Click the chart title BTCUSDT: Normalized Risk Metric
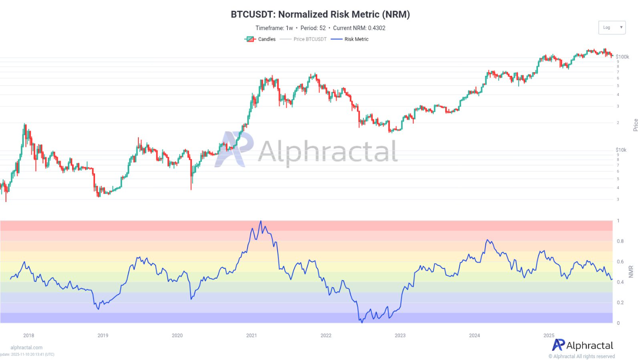pos(320,15)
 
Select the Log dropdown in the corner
pos(612,27)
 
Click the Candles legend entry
pos(261,39)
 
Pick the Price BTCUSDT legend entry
pos(304,39)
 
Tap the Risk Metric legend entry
pos(351,39)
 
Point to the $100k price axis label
pos(622,57)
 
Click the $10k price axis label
pos(621,150)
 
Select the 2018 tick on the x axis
pos(28,335)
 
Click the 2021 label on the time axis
pos(251,335)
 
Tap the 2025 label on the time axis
pos(548,335)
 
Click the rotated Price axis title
pos(635,125)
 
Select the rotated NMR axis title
pos(631,272)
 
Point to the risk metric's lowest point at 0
pos(362,323)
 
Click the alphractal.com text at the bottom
pos(26,348)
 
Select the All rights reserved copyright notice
pos(581,356)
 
